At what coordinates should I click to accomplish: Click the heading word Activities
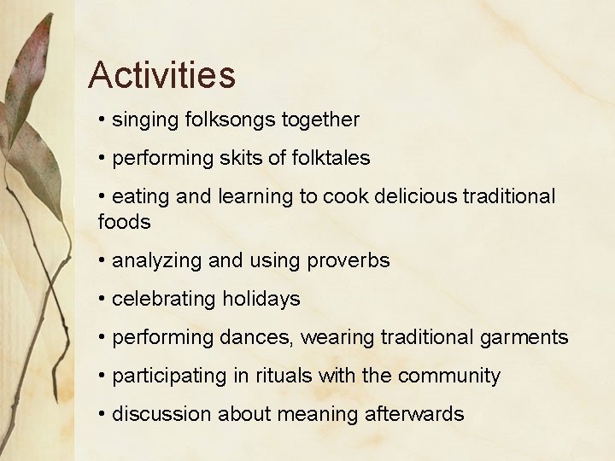click(x=161, y=75)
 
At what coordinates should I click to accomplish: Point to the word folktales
click(x=329, y=159)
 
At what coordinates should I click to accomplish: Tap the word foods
click(x=125, y=222)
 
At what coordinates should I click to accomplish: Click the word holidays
click(x=261, y=299)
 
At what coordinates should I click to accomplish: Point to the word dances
click(x=255, y=337)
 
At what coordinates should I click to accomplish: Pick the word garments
click(x=522, y=337)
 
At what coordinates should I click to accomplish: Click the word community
click(x=448, y=376)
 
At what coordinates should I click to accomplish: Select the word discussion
click(x=162, y=414)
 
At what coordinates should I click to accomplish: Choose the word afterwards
click(x=414, y=414)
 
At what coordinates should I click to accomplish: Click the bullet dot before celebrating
click(x=102, y=299)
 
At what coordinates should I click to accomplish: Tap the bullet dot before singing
click(x=102, y=120)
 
